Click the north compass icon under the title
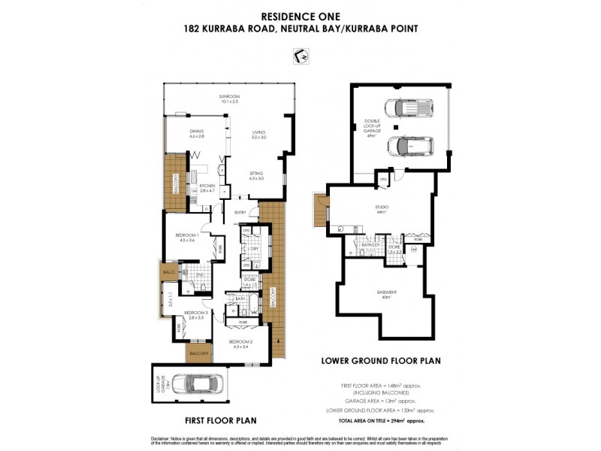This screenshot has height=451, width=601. (300, 56)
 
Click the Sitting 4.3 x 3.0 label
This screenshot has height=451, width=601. (257, 176)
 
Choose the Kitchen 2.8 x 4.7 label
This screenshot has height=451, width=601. (207, 188)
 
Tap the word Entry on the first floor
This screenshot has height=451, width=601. (240, 213)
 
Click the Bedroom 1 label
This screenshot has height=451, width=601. (187, 237)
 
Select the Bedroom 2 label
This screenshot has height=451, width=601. (240, 344)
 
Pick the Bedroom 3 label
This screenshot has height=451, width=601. (195, 315)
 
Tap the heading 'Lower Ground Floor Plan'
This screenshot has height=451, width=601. (381, 361)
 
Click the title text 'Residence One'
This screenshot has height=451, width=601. (300, 14)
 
